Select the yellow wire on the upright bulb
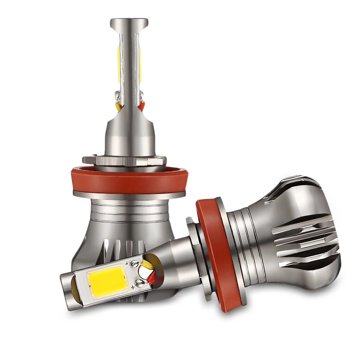coord(118,105)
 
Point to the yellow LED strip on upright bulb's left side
coord(118,65)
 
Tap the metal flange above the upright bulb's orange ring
coord(124,160)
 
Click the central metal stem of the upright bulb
coord(129,65)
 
